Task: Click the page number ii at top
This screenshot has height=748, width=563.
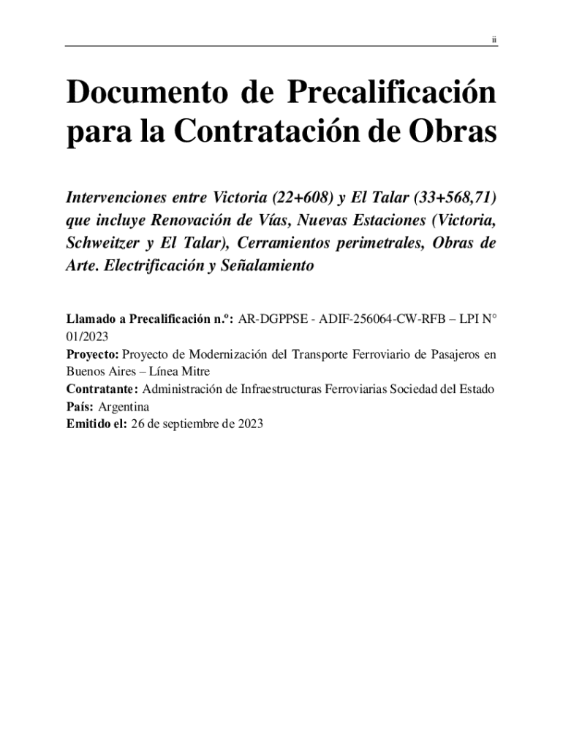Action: [x=494, y=39]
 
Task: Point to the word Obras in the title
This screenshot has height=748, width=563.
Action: [x=453, y=134]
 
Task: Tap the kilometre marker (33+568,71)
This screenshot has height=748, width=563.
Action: [x=450, y=198]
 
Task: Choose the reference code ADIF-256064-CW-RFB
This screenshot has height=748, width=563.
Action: [x=382, y=319]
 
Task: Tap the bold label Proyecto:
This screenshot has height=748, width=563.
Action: [x=93, y=355]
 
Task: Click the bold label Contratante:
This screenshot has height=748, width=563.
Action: [x=103, y=389]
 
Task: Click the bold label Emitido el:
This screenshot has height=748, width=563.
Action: [x=97, y=424]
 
